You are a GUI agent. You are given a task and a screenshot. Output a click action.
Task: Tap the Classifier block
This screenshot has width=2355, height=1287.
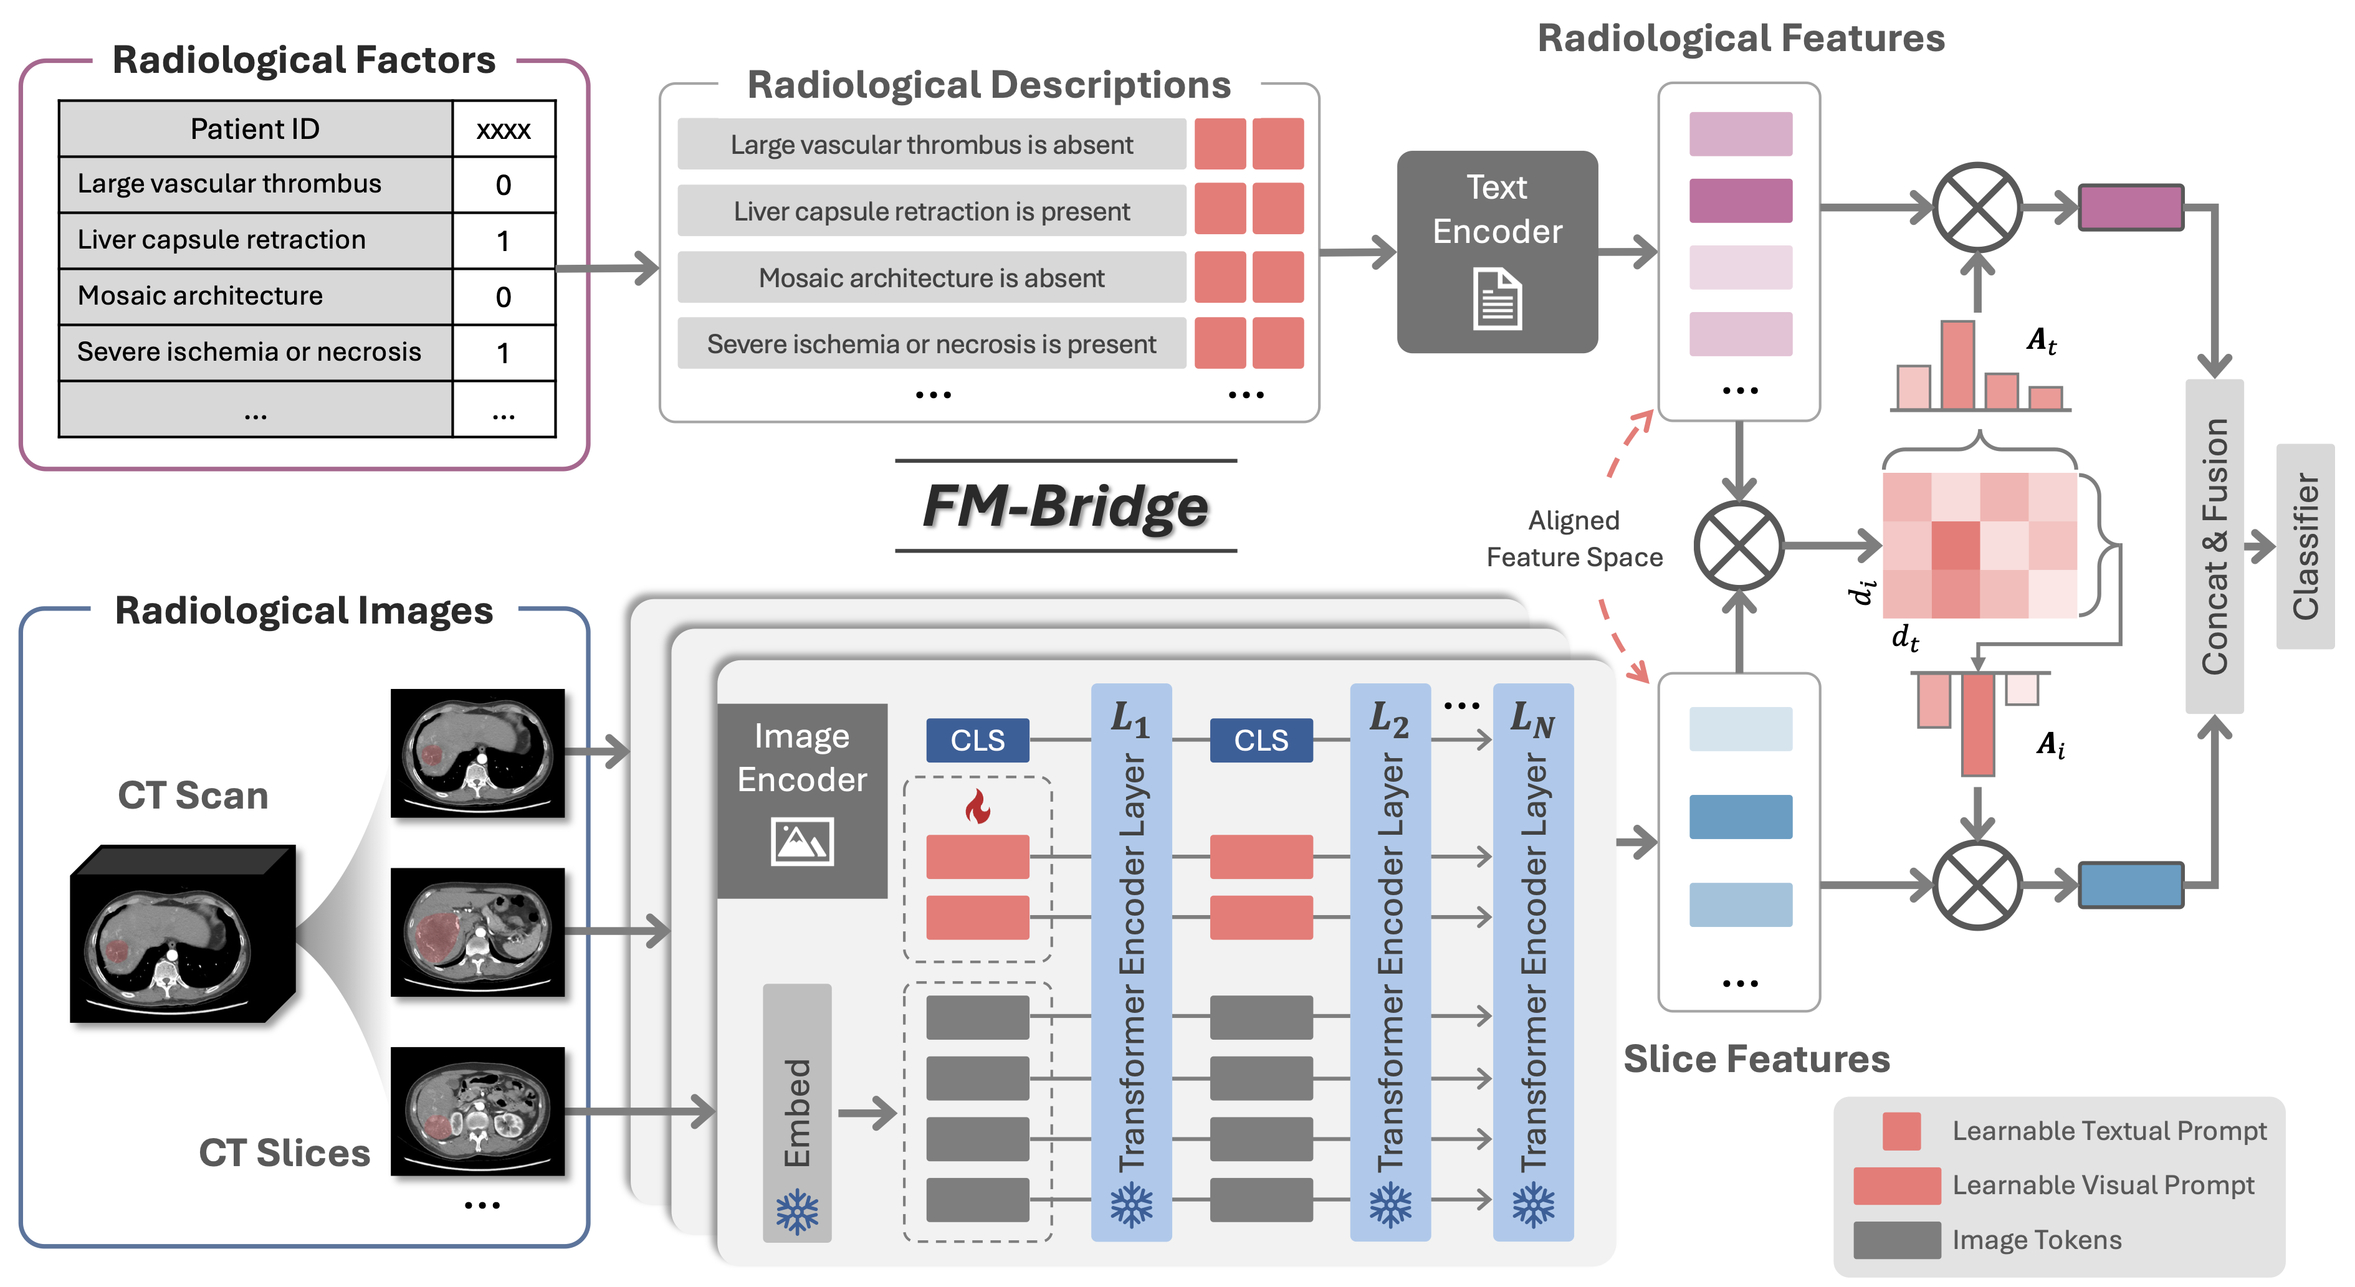[x=2305, y=546]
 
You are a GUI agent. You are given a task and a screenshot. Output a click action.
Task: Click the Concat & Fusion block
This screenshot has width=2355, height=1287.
[x=2214, y=546]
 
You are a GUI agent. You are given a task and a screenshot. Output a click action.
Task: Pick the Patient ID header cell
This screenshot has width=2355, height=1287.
[x=255, y=129]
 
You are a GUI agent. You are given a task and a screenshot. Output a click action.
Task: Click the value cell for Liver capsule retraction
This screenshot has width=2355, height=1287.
[x=503, y=240]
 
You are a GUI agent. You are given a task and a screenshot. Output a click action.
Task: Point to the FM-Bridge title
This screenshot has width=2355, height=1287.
[x=1065, y=505]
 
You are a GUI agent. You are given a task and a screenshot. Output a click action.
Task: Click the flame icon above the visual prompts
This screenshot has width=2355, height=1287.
[x=977, y=806]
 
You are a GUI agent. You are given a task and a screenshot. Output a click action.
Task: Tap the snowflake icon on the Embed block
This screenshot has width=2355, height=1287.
[x=796, y=1211]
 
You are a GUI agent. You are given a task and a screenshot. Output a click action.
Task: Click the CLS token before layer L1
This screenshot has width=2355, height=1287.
[x=977, y=739]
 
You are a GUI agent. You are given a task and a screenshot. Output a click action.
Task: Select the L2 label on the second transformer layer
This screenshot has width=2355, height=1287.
[x=1388, y=718]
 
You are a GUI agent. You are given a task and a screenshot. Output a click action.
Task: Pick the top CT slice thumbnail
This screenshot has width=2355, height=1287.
[x=477, y=753]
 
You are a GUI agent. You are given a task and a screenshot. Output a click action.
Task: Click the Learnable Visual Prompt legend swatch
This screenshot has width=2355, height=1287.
[x=1896, y=1185]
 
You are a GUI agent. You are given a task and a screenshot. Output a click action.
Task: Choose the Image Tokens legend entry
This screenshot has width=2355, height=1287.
[x=2036, y=1240]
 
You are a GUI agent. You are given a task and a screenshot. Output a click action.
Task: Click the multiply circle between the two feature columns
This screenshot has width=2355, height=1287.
[x=1738, y=546]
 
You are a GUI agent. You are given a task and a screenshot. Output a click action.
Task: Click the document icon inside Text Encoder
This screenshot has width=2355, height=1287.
[x=1496, y=299]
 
